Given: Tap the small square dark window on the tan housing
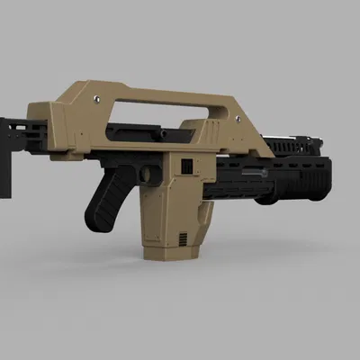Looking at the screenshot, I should (186, 166).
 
